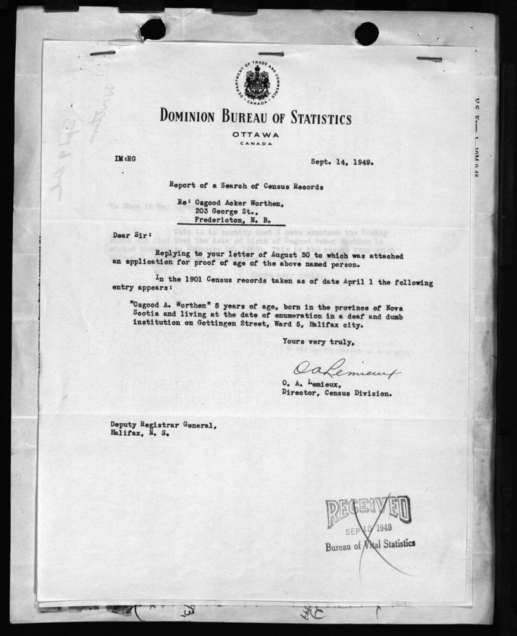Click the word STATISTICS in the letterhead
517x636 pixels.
(307, 118)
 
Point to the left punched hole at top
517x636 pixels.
(152, 29)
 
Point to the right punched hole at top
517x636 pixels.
(366, 32)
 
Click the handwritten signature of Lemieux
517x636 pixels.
(345, 372)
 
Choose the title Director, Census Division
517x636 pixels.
(336, 393)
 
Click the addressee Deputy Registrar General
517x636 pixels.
(163, 425)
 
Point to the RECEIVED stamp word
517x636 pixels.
(368, 511)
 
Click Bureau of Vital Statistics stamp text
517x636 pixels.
(371, 545)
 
